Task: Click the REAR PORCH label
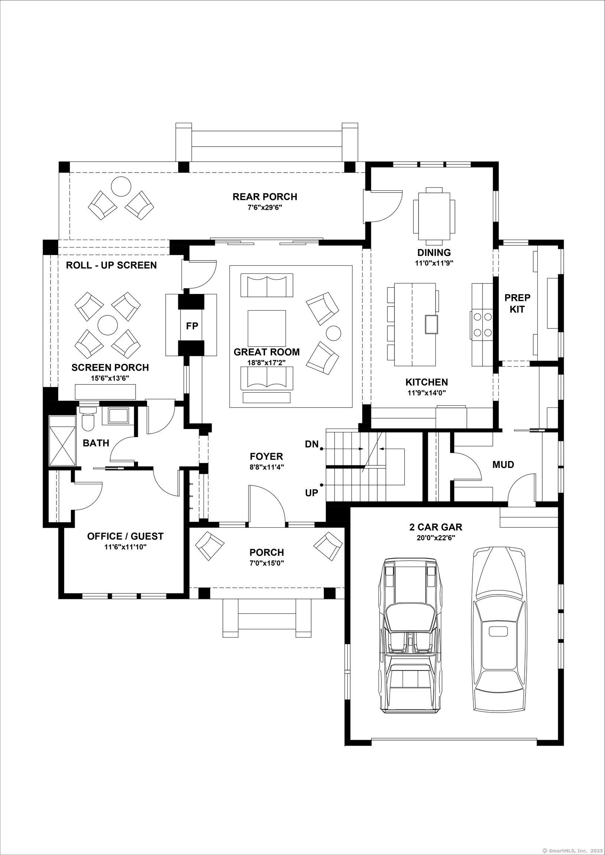(265, 196)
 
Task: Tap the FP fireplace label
(192, 326)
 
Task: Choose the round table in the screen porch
(107, 325)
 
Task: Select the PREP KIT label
(517, 303)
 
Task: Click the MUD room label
(503, 464)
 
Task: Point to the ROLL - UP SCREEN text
(111, 265)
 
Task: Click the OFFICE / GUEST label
(125, 536)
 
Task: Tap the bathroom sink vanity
(118, 416)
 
